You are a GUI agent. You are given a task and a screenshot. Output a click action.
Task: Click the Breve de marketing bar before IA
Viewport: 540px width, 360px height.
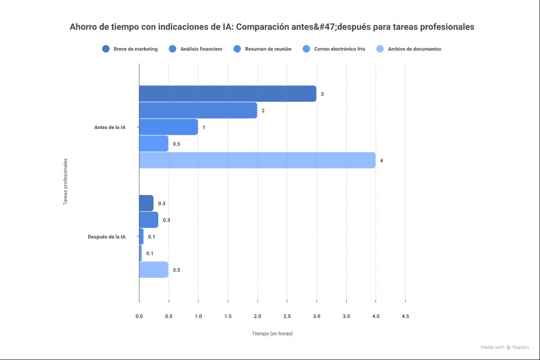point(228,93)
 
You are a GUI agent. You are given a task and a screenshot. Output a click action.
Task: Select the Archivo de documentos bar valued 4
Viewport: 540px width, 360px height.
point(257,160)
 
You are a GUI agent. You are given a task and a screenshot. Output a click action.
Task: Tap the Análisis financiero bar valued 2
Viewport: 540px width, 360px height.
point(198,110)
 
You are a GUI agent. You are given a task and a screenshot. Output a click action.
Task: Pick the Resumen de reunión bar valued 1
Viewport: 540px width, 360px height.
point(168,127)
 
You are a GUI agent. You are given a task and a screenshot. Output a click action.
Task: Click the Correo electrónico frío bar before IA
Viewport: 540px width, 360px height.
point(153,144)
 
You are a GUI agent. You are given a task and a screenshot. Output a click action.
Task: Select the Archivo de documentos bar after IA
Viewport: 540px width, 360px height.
point(153,270)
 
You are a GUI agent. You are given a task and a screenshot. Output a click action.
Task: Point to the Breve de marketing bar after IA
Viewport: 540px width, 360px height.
point(146,203)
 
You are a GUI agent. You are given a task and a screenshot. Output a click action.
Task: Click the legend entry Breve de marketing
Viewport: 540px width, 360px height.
point(130,49)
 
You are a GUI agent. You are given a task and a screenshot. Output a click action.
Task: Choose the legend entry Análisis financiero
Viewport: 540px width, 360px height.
point(196,49)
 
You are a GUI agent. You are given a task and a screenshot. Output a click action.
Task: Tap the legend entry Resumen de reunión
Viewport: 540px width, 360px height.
point(263,49)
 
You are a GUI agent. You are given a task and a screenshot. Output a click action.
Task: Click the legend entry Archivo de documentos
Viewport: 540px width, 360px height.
point(409,49)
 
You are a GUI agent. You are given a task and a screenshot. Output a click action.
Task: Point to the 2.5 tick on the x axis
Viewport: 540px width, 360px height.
point(287,316)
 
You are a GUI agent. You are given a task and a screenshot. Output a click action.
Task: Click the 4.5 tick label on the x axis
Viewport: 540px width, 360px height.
point(405,316)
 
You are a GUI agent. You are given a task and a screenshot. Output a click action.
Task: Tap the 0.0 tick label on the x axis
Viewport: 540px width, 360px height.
point(139,316)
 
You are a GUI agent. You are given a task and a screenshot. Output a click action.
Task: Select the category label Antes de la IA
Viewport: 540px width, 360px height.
point(110,127)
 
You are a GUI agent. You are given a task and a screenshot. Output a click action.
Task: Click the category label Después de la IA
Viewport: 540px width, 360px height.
point(107,237)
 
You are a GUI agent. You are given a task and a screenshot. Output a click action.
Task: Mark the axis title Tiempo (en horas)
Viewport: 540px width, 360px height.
point(272,334)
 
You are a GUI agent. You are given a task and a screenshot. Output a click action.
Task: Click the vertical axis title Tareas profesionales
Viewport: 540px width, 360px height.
point(65,181)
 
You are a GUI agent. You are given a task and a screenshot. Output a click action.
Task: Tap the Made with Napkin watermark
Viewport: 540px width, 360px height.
point(504,347)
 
